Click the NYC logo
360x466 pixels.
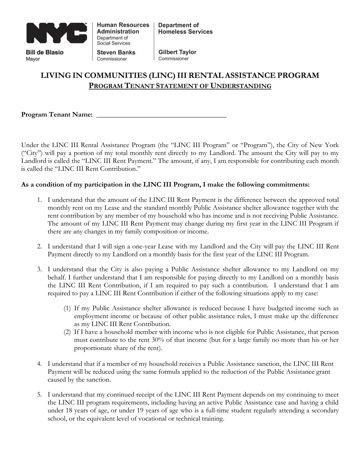[56, 33]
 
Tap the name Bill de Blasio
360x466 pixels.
[45, 52]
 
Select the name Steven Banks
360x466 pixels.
[116, 52]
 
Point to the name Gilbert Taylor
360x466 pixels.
[177, 52]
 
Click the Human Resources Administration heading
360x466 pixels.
[118, 28]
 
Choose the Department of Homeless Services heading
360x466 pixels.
[185, 28]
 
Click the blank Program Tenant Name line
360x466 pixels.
[162, 115]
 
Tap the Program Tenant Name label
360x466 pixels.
[57, 115]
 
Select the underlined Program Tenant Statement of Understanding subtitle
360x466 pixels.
[180, 86]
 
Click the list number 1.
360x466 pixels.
[39, 200]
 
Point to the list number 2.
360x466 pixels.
[39, 246]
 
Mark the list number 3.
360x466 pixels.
[39, 269]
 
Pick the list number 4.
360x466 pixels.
[39, 364]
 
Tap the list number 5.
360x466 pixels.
[39, 395]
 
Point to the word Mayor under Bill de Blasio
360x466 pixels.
[33, 59]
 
